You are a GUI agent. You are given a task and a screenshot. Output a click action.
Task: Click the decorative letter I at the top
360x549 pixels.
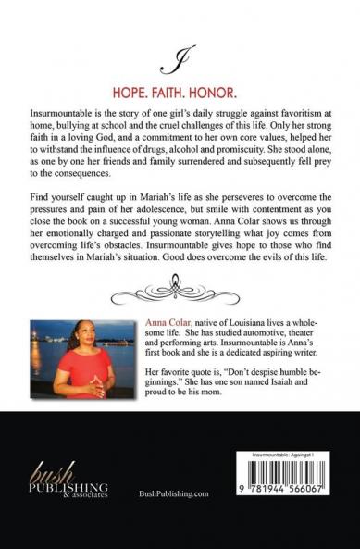coord(167,62)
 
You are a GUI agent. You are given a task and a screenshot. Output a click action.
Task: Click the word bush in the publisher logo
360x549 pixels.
coord(45,469)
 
